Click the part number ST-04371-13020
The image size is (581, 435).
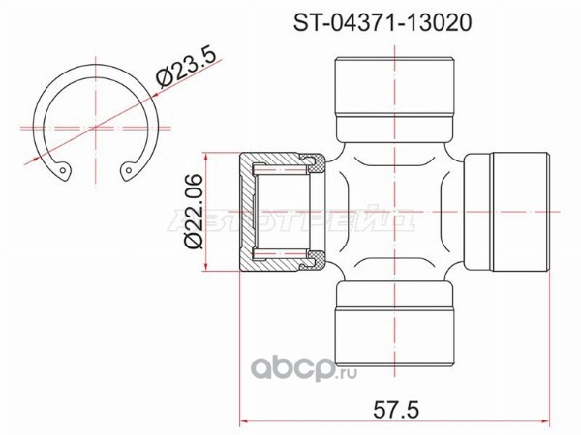click(x=382, y=23)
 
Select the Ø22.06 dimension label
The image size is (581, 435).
click(x=194, y=212)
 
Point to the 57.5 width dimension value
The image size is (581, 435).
click(x=396, y=410)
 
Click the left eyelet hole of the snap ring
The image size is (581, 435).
click(x=63, y=171)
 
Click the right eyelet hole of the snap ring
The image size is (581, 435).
click(x=128, y=170)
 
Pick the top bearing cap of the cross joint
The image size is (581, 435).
click(x=394, y=100)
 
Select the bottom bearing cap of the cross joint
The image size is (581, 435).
click(x=394, y=323)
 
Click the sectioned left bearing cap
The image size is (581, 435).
click(x=283, y=212)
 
